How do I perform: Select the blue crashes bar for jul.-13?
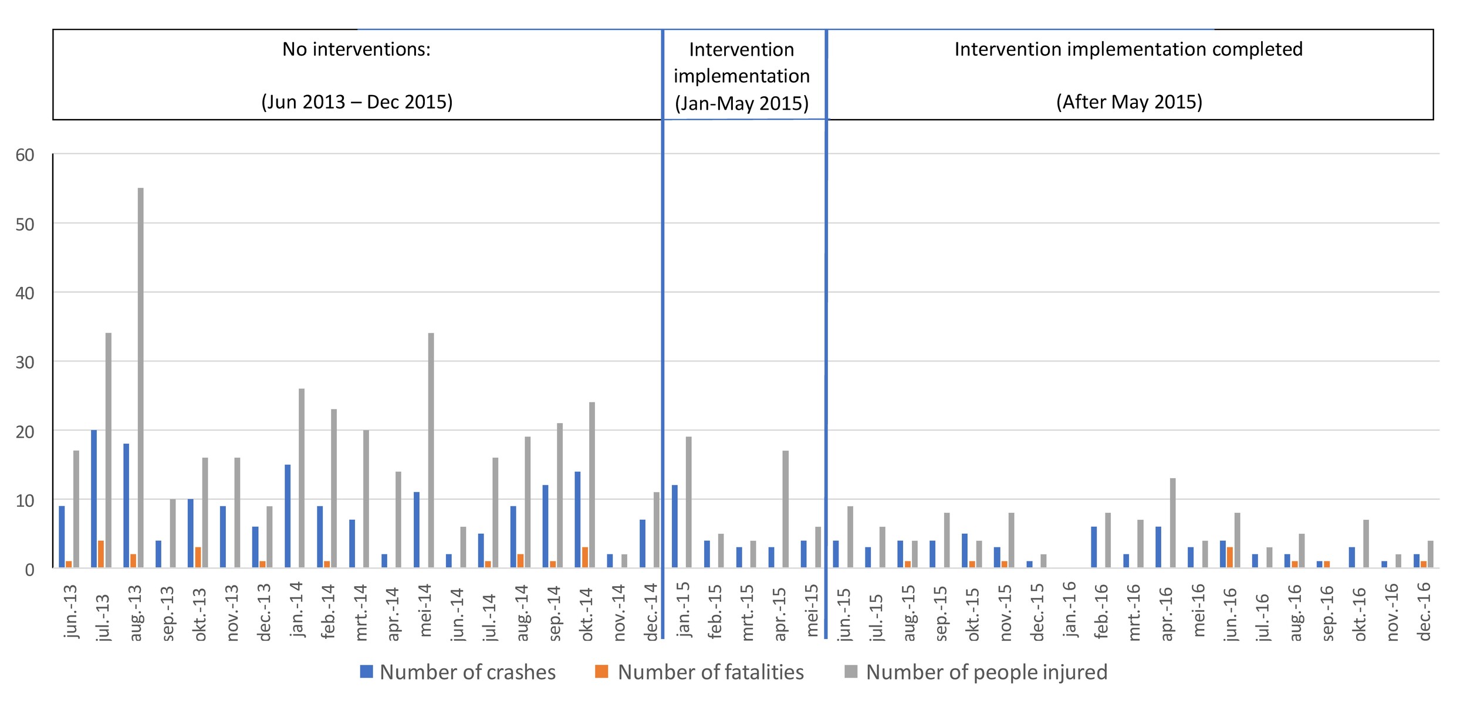(94, 499)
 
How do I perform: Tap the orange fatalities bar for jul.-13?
(101, 554)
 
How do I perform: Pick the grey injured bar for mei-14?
(431, 450)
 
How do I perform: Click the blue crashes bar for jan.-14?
(288, 516)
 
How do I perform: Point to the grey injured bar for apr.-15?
(785, 509)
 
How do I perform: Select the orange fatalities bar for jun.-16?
(1230, 557)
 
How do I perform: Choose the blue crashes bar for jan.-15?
(675, 526)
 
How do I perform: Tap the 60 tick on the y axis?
(25, 155)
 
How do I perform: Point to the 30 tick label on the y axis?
(25, 363)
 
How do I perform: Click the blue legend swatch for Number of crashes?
(366, 672)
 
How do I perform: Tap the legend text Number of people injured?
(986, 672)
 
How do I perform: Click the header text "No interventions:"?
(356, 49)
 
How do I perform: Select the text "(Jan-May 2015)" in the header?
(741, 103)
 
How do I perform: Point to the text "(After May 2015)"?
(1128, 102)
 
